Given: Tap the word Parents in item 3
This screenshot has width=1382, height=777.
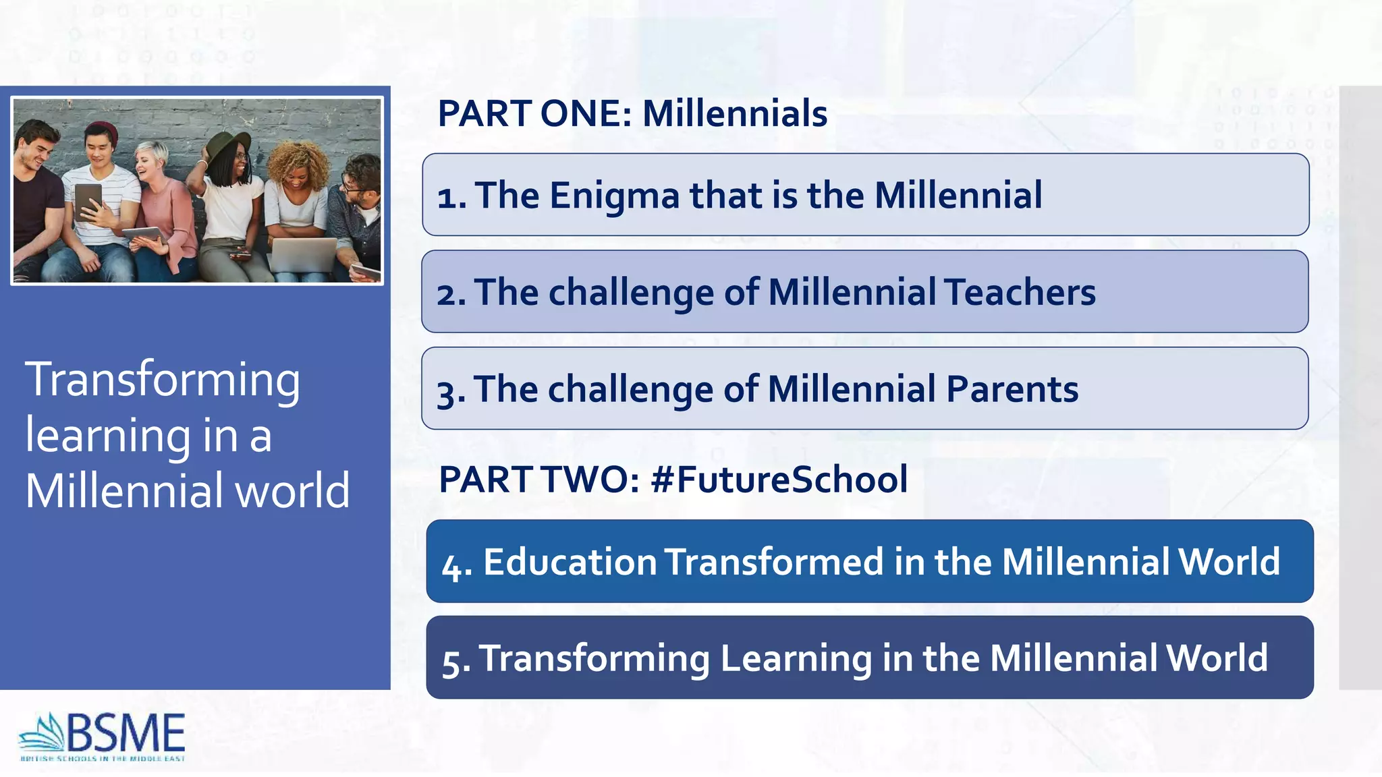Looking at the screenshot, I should click(x=1012, y=389).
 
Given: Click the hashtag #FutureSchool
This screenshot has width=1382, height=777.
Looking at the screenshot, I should click(x=779, y=480).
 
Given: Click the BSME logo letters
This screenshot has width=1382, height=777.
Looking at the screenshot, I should click(x=126, y=734).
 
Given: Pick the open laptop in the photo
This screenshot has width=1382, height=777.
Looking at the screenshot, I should click(x=302, y=254).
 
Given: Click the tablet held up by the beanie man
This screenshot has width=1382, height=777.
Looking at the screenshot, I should click(x=88, y=201).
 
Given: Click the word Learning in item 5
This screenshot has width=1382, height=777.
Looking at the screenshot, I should click(x=796, y=658).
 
